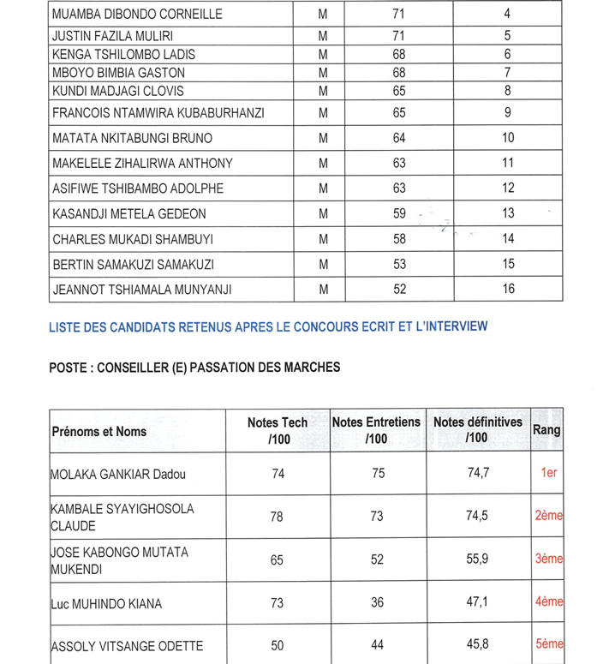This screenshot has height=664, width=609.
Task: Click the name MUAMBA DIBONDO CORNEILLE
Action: tap(137, 14)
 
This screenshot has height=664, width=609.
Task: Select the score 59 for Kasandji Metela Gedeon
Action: tap(399, 214)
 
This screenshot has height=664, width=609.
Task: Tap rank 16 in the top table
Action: tap(508, 289)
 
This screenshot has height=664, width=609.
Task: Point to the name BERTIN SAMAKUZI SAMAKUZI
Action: tap(133, 265)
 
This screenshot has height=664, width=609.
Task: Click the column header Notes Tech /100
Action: tap(278, 431)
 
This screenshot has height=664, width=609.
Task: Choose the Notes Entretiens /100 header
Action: tap(376, 430)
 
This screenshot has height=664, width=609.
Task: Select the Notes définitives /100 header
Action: tap(478, 430)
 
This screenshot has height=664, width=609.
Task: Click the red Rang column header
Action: tap(547, 430)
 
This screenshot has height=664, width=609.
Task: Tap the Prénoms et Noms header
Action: tap(99, 432)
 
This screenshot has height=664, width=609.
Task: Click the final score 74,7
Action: tap(478, 473)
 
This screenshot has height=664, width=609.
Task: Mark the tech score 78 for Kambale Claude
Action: tap(278, 516)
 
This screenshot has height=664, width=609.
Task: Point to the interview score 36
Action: tap(378, 603)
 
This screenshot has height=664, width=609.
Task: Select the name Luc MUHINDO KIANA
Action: tap(106, 604)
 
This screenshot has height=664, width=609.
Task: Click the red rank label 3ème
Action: tap(548, 559)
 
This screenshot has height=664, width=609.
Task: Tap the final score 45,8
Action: tap(478, 646)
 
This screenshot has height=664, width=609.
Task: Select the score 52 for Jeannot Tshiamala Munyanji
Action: tap(399, 289)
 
